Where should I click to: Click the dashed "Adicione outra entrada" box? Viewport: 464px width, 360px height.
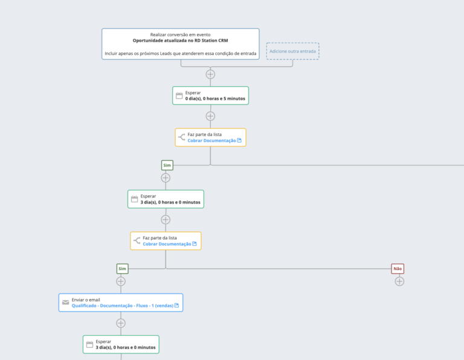292,51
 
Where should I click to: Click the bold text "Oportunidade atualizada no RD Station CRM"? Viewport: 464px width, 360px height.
180,40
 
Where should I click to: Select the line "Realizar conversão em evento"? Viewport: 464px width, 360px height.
180,34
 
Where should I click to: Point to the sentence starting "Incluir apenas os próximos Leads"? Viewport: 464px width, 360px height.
181,54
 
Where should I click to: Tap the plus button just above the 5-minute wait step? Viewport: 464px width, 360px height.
210,74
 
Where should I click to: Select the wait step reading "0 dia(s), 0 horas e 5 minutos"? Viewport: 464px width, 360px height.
210,95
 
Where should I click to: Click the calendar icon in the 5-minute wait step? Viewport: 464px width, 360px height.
179,95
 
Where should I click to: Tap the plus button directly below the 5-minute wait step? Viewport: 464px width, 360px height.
210,116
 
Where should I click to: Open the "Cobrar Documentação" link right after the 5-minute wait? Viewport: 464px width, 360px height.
211,141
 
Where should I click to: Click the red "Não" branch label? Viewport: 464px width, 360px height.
398,269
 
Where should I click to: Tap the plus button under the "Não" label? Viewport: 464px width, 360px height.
399,281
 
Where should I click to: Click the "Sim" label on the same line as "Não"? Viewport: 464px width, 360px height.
122,269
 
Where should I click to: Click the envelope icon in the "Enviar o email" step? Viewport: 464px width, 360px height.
66,303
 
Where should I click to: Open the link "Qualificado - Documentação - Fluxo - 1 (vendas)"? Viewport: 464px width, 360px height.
123,306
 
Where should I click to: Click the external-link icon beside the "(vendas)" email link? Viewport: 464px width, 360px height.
176,305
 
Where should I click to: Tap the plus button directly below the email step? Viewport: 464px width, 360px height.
121,323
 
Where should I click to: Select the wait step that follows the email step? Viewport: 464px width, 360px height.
121,344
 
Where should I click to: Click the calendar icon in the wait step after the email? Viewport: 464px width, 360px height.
89,344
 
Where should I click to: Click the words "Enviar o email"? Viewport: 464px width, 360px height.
86,300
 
